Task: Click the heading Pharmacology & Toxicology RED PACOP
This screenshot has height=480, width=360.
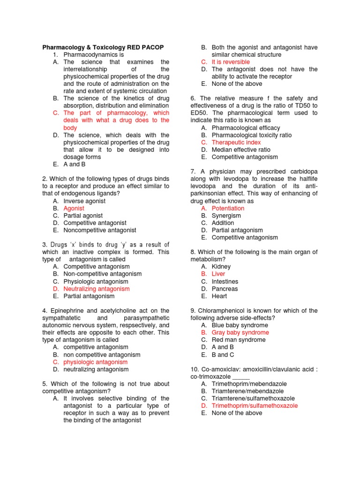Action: point(103,47)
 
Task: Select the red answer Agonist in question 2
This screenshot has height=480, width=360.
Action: point(74,208)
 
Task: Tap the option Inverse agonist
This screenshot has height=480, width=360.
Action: point(84,201)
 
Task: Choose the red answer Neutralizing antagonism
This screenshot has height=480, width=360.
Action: point(97,289)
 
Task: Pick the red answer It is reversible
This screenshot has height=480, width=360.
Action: point(231,62)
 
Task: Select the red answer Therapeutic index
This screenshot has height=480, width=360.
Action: point(236,142)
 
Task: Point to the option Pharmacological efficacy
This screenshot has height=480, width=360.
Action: point(246,127)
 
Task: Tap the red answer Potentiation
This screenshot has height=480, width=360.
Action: point(228,208)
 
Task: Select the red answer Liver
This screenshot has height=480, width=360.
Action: point(218,274)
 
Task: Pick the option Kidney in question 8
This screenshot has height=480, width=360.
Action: point(221,267)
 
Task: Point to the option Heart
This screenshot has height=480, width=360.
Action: point(219,296)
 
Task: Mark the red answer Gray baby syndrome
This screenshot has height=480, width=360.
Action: point(240,332)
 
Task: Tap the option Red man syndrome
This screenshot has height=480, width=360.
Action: point(239,340)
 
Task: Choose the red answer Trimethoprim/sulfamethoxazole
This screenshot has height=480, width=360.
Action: point(255,405)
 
